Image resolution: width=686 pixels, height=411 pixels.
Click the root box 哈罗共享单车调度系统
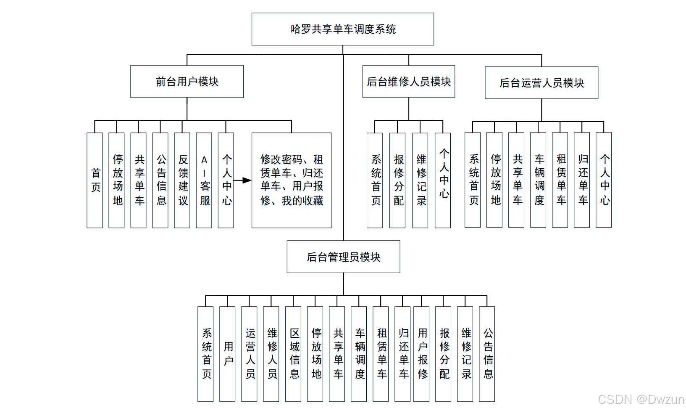coord(343,29)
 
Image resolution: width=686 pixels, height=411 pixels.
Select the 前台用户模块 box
coord(187,82)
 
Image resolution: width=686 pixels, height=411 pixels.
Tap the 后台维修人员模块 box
coord(409,82)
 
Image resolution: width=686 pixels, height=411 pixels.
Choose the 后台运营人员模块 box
coord(541,83)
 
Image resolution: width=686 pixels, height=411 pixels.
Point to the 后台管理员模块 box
coord(343,257)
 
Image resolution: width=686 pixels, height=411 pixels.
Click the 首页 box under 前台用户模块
coord(95,180)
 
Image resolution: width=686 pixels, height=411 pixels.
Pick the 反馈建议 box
coord(182,180)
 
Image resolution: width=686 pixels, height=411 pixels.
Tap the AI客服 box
coord(204,180)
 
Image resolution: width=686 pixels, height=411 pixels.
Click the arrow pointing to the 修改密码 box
coord(243,180)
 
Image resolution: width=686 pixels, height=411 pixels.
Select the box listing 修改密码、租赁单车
coord(292,180)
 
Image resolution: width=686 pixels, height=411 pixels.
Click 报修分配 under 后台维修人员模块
coord(397,180)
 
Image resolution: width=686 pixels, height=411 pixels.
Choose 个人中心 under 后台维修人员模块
coord(443,180)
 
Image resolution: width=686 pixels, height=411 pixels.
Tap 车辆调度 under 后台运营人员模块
coord(538,180)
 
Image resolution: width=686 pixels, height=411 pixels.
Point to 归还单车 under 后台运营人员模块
coord(582,180)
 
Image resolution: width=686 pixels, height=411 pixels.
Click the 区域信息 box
coord(293,354)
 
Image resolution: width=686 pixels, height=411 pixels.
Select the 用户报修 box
coord(421,354)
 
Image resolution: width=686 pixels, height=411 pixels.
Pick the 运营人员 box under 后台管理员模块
coord(249,354)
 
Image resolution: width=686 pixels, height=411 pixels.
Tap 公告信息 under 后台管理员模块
coord(487,354)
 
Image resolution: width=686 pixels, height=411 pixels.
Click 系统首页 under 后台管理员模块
coord(205,354)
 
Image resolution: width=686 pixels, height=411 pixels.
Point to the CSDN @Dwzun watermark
coord(641,399)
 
